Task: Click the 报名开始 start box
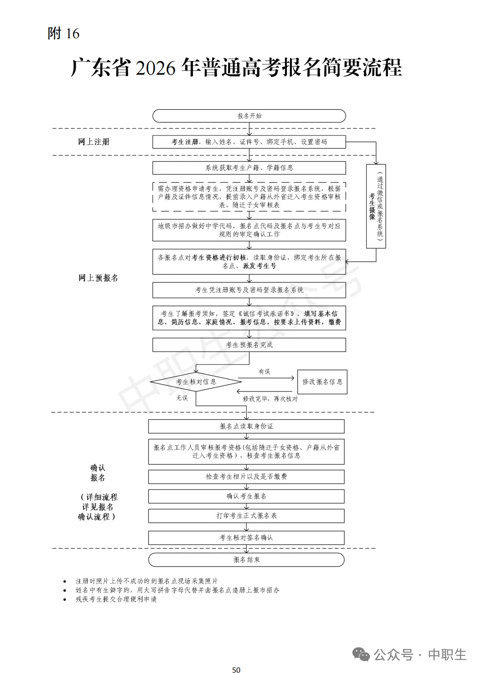pyautogui.click(x=249, y=116)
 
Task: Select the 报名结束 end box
pyautogui.click(x=246, y=560)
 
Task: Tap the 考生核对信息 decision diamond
pyautogui.click(x=196, y=382)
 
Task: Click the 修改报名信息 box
pyautogui.click(x=322, y=382)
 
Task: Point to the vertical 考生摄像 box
pyautogui.click(x=376, y=206)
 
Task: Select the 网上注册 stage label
pyautogui.click(x=94, y=142)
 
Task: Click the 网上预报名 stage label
pyautogui.click(x=98, y=278)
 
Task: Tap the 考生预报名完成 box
pyautogui.click(x=249, y=345)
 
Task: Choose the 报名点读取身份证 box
pyautogui.click(x=246, y=426)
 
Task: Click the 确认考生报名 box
pyautogui.click(x=246, y=496)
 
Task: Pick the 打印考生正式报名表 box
pyautogui.click(x=246, y=516)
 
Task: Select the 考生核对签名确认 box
pyautogui.click(x=246, y=538)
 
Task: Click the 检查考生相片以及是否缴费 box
pyautogui.click(x=246, y=477)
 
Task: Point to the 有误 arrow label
pyautogui.click(x=264, y=372)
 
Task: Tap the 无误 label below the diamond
pyautogui.click(x=182, y=398)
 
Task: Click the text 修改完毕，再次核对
pyautogui.click(x=270, y=398)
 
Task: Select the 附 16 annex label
pyautogui.click(x=63, y=33)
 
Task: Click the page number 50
pyautogui.click(x=236, y=670)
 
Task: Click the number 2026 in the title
pyautogui.click(x=155, y=68)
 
